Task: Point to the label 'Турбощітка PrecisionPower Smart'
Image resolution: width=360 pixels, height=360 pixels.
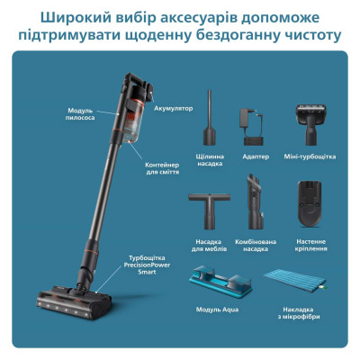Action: point(148,267)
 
